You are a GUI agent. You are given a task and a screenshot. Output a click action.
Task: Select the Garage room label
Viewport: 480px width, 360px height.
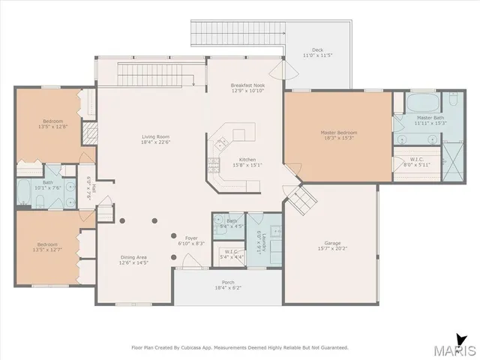tap(332, 243)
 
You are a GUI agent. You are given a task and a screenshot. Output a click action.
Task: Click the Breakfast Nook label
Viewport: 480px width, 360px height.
tap(247, 86)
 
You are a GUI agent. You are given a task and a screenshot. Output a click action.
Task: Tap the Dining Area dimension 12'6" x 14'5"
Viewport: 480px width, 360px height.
tap(134, 263)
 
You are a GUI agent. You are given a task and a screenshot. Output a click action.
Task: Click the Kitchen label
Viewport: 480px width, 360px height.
tap(248, 160)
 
